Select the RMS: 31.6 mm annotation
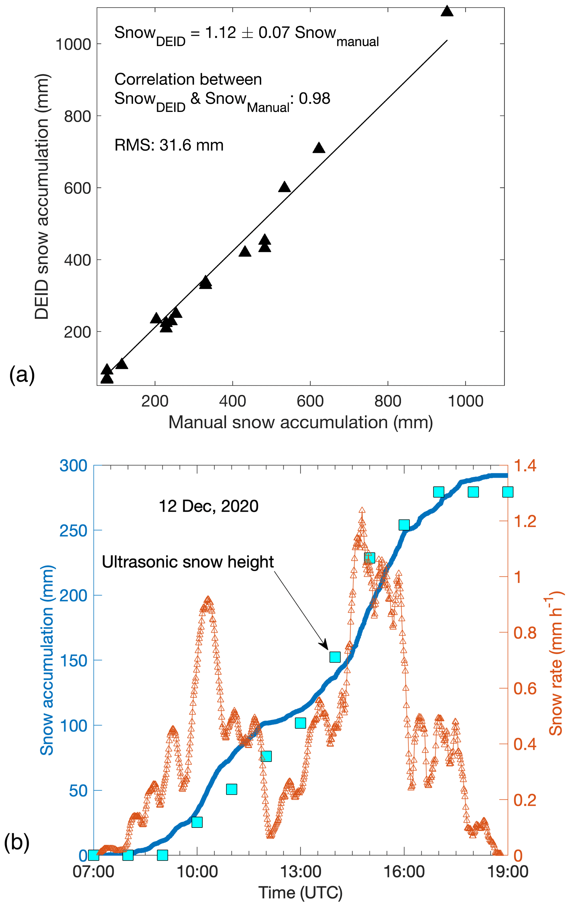[x=169, y=145]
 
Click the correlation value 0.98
[x=315, y=99]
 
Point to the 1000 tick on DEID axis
[x=73, y=44]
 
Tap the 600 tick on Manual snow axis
[x=310, y=401]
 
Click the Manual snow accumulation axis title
[x=300, y=422]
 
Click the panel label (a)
[x=22, y=375]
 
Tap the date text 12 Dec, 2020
[x=208, y=506]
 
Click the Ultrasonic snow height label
[x=188, y=562]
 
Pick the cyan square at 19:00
[x=507, y=492]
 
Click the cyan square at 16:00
[x=404, y=525]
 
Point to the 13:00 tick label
[x=300, y=872]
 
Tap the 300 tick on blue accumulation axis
[x=73, y=466]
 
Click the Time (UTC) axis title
[x=300, y=893]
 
